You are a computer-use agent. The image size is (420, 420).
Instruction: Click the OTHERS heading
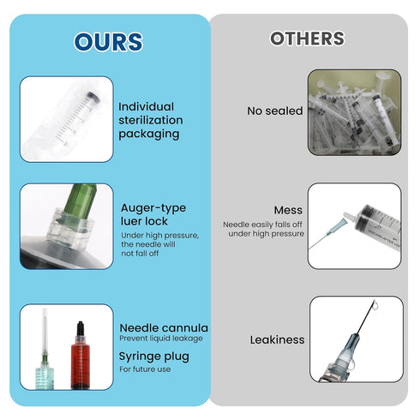point(307,39)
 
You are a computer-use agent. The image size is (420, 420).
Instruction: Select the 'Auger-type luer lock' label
point(153,214)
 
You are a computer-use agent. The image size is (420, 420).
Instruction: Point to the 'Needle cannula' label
point(163,327)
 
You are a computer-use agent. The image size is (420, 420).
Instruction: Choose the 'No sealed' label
point(274,111)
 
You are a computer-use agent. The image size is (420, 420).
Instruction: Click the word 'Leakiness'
point(277,339)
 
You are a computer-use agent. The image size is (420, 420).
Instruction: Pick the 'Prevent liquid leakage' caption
point(161,339)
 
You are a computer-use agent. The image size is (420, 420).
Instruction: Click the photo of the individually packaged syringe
point(67,118)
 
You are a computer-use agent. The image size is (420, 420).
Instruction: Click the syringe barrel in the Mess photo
point(377,221)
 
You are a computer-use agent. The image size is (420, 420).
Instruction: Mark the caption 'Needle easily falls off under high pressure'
point(264,229)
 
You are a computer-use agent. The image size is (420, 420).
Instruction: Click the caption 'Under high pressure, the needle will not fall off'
point(160,244)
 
